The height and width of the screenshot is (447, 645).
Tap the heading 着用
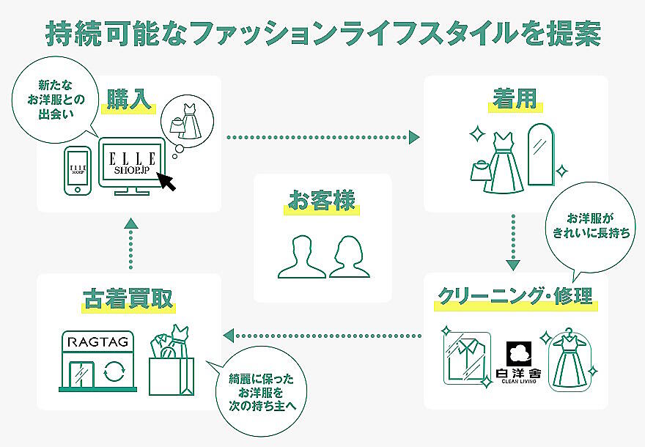pos(516,99)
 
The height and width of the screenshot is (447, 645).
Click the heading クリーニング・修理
pos(515,298)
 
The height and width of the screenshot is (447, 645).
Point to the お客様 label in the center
pos(322,199)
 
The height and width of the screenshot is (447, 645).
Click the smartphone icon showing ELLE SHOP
pos(78,170)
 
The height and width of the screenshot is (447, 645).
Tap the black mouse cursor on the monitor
pos(168,181)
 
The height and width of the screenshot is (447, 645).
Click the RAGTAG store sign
pos(96,341)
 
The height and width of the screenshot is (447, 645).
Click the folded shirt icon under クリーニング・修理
pos(466,357)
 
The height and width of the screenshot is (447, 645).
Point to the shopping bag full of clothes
pos(171,361)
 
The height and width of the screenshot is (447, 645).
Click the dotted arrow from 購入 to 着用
pos(322,137)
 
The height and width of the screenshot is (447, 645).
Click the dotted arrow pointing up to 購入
pos(130,244)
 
